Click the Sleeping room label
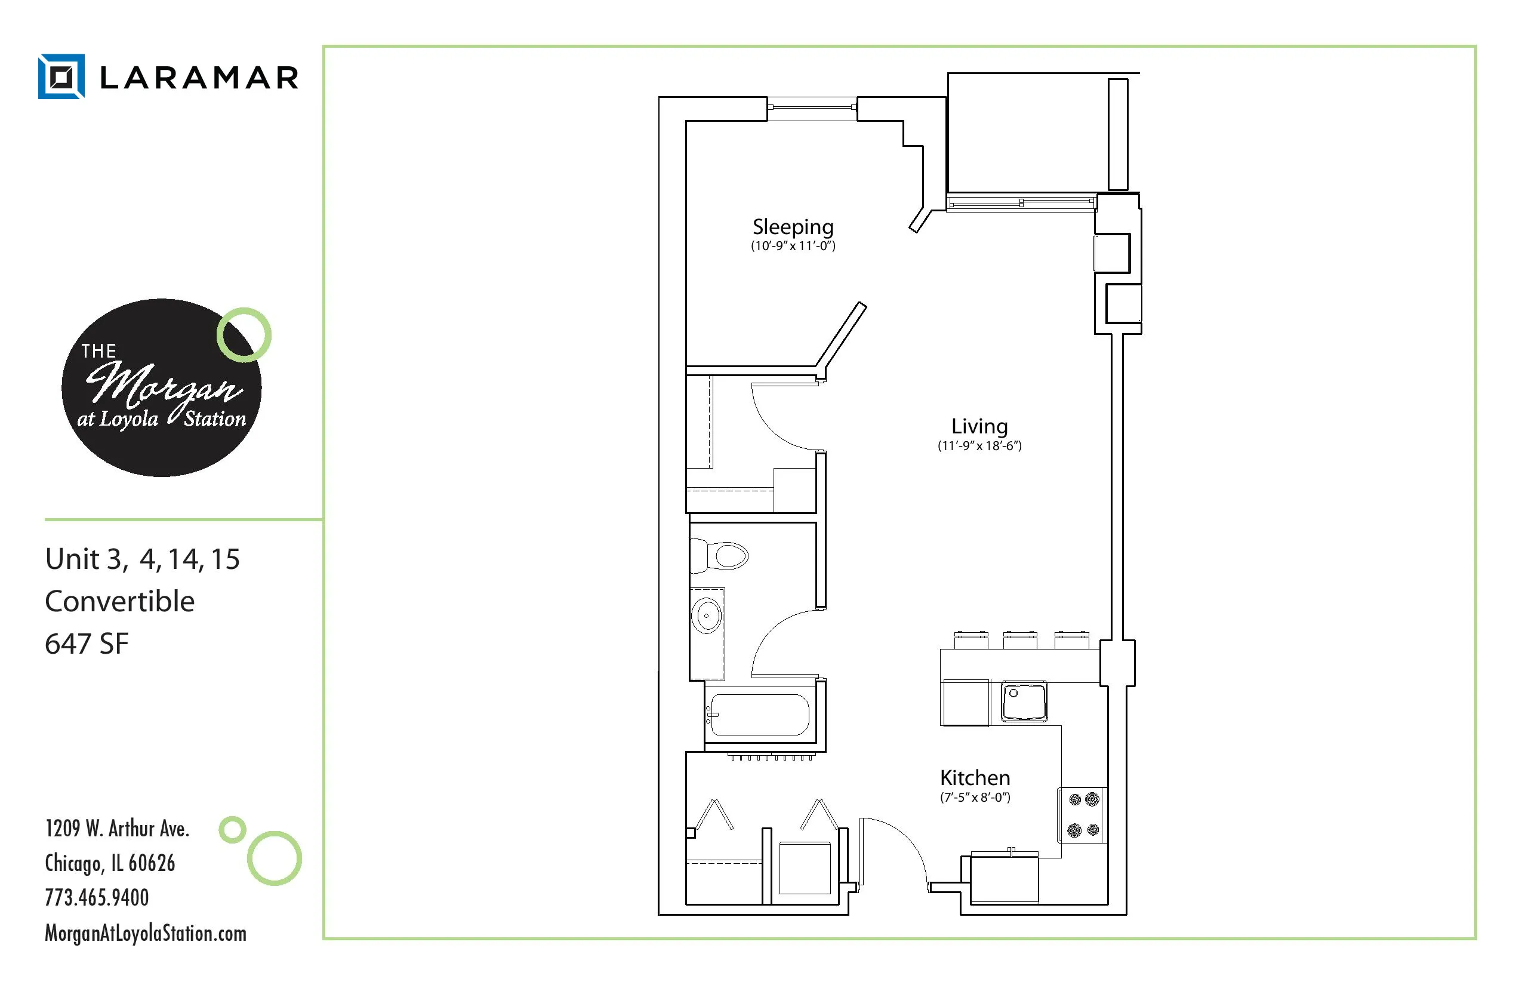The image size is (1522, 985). [x=793, y=227]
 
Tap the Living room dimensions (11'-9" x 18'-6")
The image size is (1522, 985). [x=979, y=446]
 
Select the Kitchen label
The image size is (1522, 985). [x=975, y=778]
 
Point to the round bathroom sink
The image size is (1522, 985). [x=707, y=615]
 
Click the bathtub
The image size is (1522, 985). [x=760, y=715]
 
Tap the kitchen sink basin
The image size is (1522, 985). [x=1023, y=701]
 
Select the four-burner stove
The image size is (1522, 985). [x=1083, y=815]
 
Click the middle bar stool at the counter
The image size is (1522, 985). [x=1020, y=638]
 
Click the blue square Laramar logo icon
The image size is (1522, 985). [x=61, y=77]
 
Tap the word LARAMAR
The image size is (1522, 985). [x=199, y=78]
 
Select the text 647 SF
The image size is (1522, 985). [x=87, y=644]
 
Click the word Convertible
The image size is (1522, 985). [x=119, y=601]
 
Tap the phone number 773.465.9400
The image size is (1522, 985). [x=97, y=897]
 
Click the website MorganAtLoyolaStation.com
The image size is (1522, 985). [x=145, y=933]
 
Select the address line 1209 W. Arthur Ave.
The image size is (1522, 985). [x=117, y=829]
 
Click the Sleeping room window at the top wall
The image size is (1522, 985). [x=812, y=107]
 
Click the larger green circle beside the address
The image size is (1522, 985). [x=275, y=858]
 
